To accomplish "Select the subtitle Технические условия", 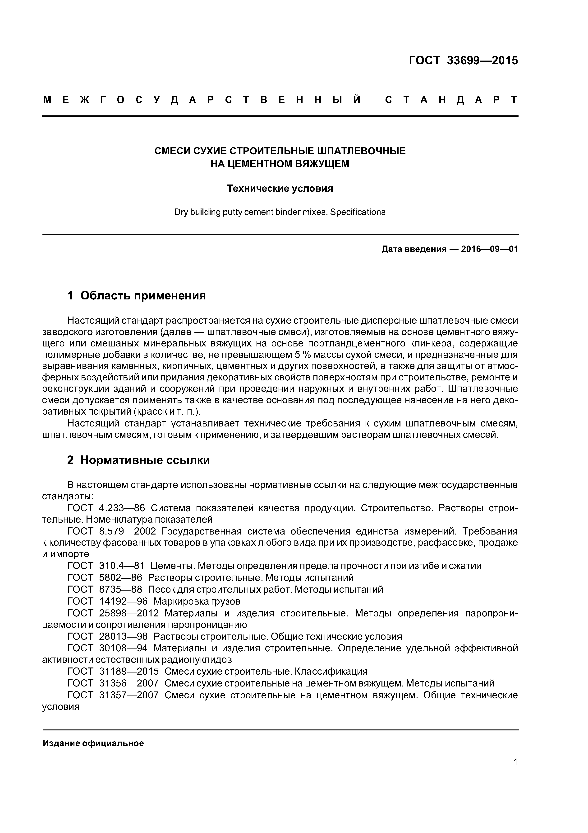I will click(x=280, y=189).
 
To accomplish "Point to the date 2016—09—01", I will click(x=489, y=249).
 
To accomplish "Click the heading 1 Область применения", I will click(x=137, y=296).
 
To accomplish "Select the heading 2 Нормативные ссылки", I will click(x=138, y=460).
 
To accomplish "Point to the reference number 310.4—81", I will click(x=122, y=566).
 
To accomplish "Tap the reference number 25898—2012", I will click(x=129, y=613).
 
